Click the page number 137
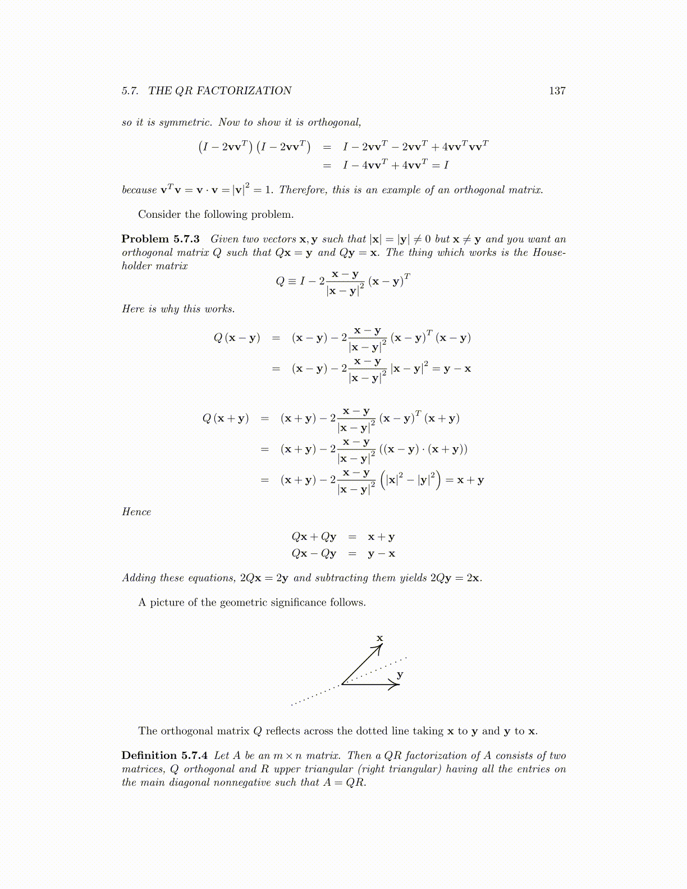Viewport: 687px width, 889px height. coord(557,91)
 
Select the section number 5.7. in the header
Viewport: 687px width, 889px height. coord(130,91)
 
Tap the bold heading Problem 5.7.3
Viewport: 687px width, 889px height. coord(161,239)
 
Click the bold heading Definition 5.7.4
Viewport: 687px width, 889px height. coord(164,755)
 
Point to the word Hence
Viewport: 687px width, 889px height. coord(136,512)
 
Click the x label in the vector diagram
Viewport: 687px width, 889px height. coord(380,638)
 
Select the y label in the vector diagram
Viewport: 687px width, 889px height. coord(400,674)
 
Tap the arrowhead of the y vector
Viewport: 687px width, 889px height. coord(396,684)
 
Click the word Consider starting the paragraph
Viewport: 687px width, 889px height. coord(160,214)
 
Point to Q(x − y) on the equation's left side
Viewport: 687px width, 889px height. coord(237,338)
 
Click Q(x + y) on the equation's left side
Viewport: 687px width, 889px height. coord(226,418)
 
